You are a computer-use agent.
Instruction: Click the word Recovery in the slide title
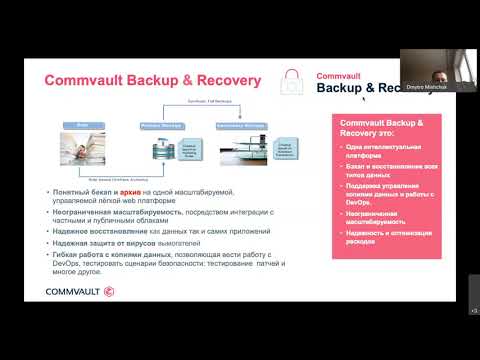tap(224, 80)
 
